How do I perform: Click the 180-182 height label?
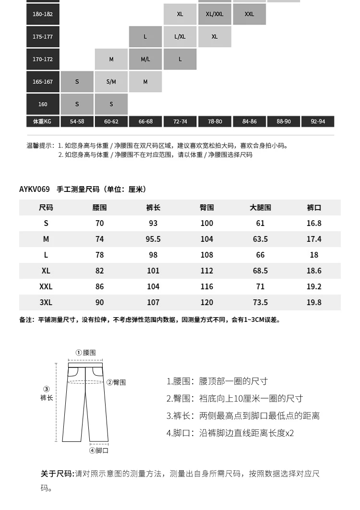click(x=43, y=14)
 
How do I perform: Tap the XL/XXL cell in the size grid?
click(x=215, y=14)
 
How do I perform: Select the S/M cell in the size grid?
click(x=111, y=82)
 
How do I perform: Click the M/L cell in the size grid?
click(x=145, y=59)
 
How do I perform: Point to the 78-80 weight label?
click(x=215, y=122)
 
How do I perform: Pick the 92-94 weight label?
click(x=318, y=122)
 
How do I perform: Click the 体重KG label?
click(x=43, y=122)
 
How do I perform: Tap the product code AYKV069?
click(x=35, y=190)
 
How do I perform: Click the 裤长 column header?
click(x=153, y=208)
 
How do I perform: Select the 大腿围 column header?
click(x=260, y=208)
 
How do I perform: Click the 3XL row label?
click(x=46, y=302)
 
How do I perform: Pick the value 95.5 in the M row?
click(x=153, y=239)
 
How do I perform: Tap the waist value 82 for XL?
click(x=99, y=271)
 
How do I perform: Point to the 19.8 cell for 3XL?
click(x=314, y=302)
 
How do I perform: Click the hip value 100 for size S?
click(x=207, y=223)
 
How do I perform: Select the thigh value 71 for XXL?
click(x=260, y=286)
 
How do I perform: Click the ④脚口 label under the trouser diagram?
click(x=99, y=451)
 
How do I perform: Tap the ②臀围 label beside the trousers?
click(x=116, y=382)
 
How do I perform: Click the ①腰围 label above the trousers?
click(x=86, y=353)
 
